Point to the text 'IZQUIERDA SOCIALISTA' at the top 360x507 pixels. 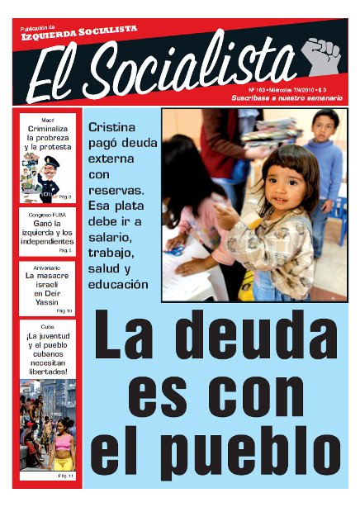coord(79,30)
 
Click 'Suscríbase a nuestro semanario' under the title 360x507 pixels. coord(286,98)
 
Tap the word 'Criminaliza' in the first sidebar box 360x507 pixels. coord(49,129)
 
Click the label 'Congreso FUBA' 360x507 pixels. coord(49,213)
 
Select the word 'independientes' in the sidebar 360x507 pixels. coord(49,241)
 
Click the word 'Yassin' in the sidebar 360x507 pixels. coord(49,302)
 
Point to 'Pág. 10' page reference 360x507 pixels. coord(64,311)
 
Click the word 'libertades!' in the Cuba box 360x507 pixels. coord(49,371)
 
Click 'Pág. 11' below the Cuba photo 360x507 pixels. coord(65,476)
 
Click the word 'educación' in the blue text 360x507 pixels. coord(118,285)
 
